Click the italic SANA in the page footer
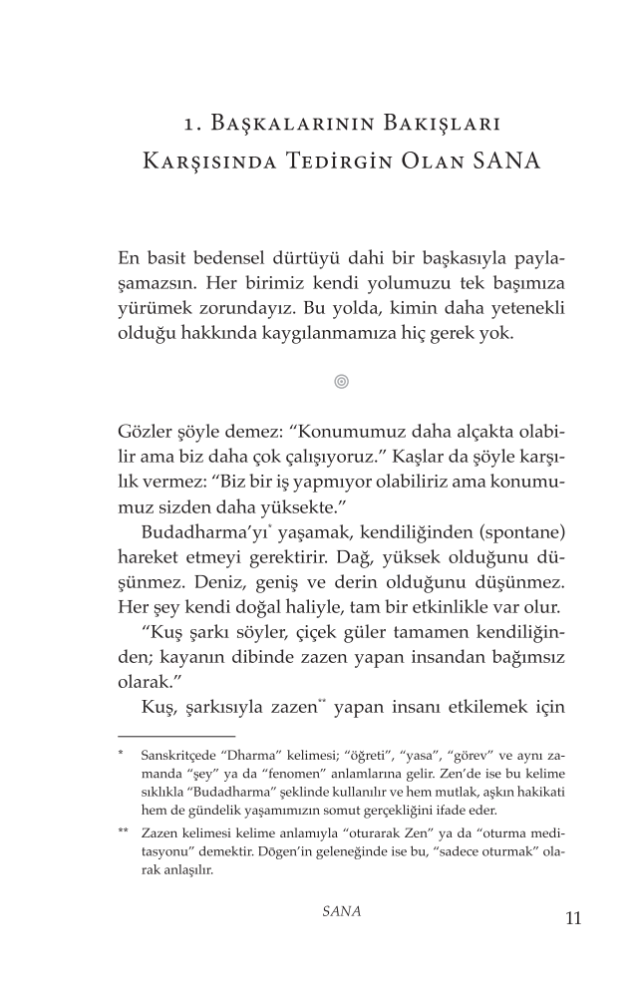pyautogui.click(x=342, y=911)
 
